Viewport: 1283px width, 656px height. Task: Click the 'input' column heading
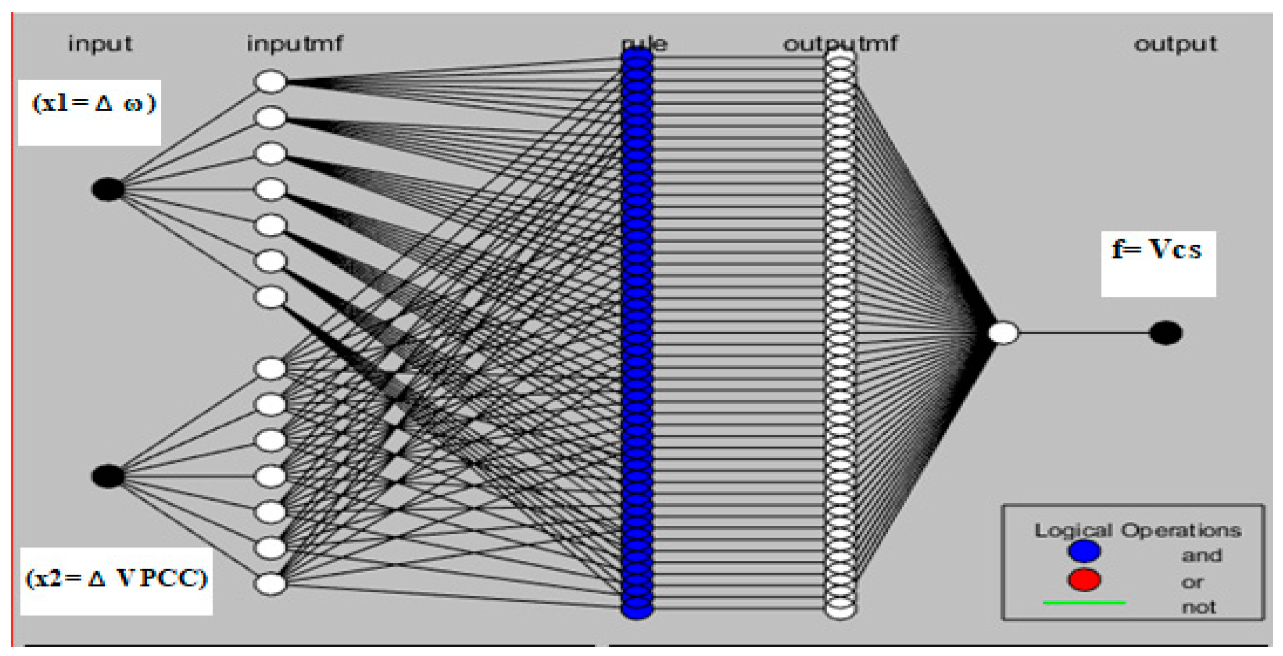tap(100, 44)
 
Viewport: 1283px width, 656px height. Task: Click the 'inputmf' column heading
tap(295, 44)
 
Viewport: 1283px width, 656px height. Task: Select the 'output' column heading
tap(1176, 44)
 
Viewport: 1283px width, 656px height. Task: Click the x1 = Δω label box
tap(90, 112)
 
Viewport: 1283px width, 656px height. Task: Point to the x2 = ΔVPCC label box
tap(117, 581)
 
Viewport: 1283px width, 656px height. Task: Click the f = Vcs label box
tap(1158, 264)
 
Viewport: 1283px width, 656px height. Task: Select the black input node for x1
tap(108, 189)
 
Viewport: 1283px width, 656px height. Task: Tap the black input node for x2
tap(108, 476)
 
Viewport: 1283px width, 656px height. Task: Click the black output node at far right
tap(1165, 333)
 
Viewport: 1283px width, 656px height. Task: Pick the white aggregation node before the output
tap(1003, 333)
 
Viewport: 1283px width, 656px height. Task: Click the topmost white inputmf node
tap(270, 82)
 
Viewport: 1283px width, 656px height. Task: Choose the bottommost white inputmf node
tap(270, 584)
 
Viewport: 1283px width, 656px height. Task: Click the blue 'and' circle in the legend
tap(1084, 551)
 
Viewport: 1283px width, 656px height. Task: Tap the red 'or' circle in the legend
tap(1084, 579)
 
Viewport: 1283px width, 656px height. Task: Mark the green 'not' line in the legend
tap(1084, 603)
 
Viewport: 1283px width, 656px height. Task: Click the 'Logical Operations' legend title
tap(1138, 531)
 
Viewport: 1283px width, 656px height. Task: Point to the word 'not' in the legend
tap(1199, 607)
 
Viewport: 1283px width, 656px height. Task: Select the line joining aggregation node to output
tap(1084, 333)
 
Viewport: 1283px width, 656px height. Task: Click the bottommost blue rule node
tap(636, 608)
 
